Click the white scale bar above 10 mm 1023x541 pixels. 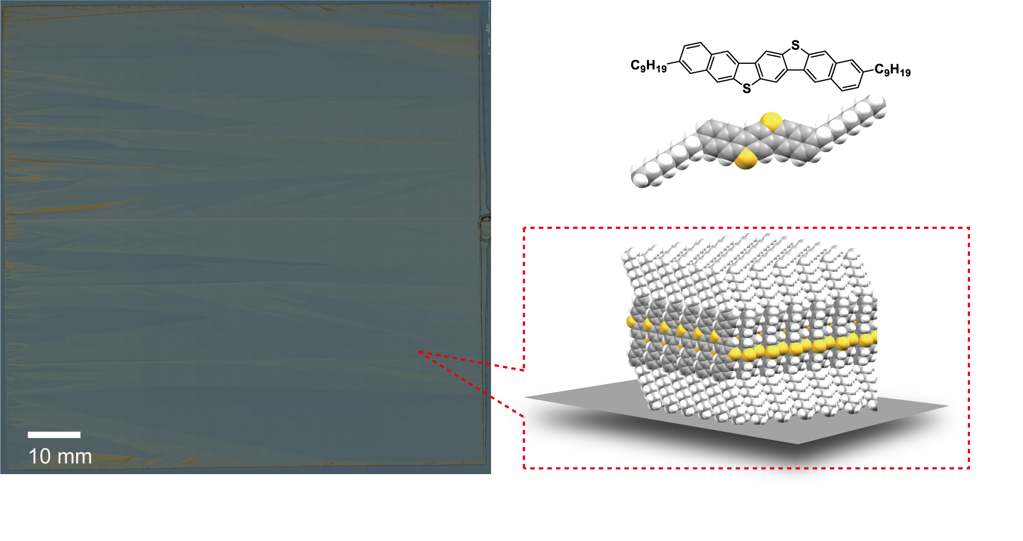(54, 435)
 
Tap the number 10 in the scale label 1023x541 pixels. (39, 456)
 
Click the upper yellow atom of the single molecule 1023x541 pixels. (770, 120)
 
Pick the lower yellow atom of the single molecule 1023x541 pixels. (746, 159)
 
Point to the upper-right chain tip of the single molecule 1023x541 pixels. (876, 101)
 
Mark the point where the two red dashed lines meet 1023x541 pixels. (418, 352)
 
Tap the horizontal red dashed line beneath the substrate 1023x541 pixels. (766, 468)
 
